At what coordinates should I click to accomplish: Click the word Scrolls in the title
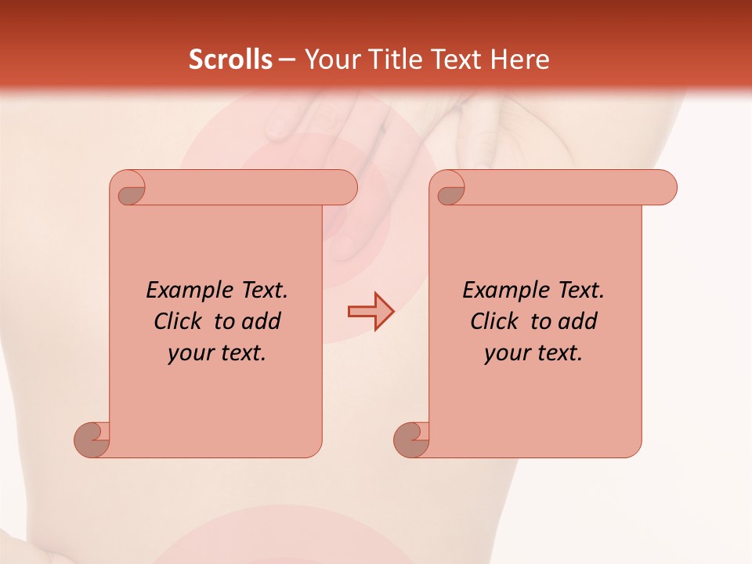tap(231, 60)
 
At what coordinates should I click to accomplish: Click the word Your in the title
tap(328, 60)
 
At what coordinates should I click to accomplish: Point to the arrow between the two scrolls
tap(371, 312)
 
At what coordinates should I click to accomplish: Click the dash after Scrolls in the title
tap(287, 60)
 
